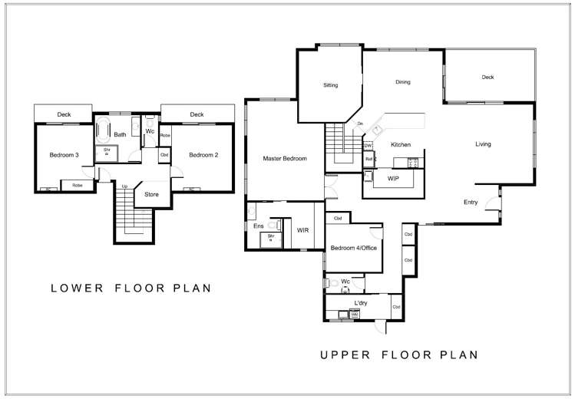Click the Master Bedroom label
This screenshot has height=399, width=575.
tap(285, 159)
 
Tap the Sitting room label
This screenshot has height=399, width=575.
tap(330, 85)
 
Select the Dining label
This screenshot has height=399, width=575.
tap(403, 82)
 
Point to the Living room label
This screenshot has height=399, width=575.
tap(483, 144)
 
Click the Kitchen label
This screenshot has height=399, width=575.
tap(402, 145)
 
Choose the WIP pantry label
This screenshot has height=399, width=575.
tap(393, 178)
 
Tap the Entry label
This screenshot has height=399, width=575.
tap(471, 203)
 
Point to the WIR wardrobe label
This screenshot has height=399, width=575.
tap(303, 229)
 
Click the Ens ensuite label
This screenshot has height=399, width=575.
tap(258, 226)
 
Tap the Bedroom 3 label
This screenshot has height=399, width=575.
tap(64, 155)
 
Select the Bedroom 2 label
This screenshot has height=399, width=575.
tap(203, 155)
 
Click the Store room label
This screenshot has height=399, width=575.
tap(151, 195)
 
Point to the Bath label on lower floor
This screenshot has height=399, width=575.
tap(120, 135)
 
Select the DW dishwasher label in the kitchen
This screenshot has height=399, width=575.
tap(368, 145)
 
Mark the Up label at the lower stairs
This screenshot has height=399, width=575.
tap(124, 186)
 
